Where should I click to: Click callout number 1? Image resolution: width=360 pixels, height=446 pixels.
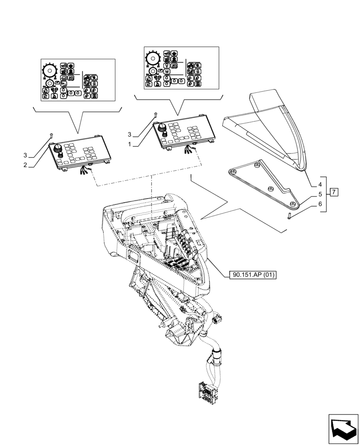coord(130,145)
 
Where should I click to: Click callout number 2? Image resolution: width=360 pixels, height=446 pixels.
coord(25,165)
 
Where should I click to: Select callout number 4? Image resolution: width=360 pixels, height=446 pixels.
coord(320,185)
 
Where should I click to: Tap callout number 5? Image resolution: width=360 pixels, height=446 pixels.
coord(320,194)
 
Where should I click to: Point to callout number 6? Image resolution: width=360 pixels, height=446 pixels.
coord(320,204)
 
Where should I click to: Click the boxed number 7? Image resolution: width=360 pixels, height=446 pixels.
coord(335,192)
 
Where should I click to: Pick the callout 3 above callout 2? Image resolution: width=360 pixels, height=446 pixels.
coord(25,155)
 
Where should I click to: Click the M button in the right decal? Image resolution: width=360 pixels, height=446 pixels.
coord(166,71)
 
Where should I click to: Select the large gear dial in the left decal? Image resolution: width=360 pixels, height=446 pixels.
coord(49,70)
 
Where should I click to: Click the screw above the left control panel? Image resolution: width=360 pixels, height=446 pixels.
coord(52,135)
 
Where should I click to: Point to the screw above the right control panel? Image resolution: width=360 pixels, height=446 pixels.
coord(155,115)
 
